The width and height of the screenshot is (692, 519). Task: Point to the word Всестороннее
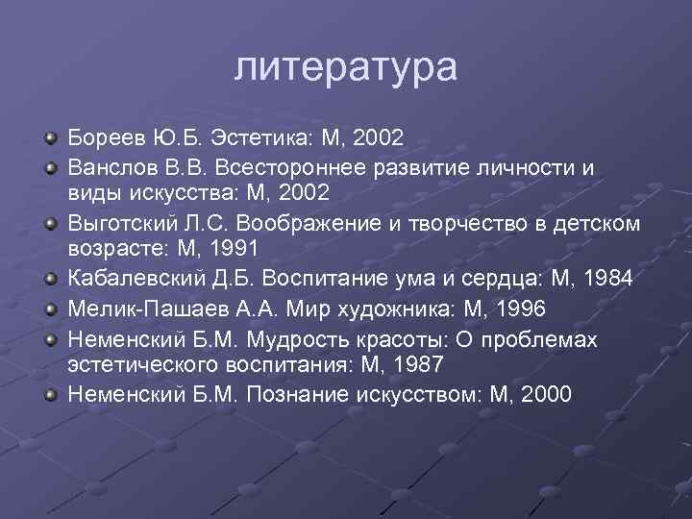point(313,167)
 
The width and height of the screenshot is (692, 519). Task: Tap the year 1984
point(606,281)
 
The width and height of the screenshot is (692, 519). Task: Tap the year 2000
point(543,394)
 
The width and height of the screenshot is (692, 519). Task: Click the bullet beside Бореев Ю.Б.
point(51,139)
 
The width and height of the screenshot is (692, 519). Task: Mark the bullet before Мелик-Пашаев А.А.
point(51,310)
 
